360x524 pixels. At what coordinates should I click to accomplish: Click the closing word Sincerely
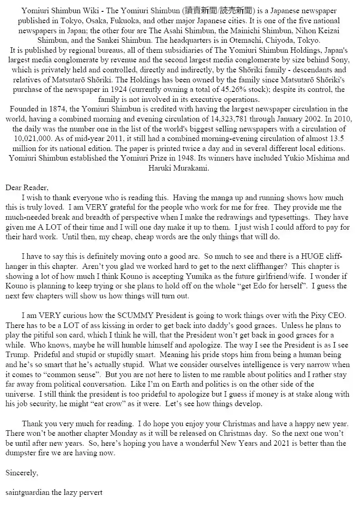point(22,473)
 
